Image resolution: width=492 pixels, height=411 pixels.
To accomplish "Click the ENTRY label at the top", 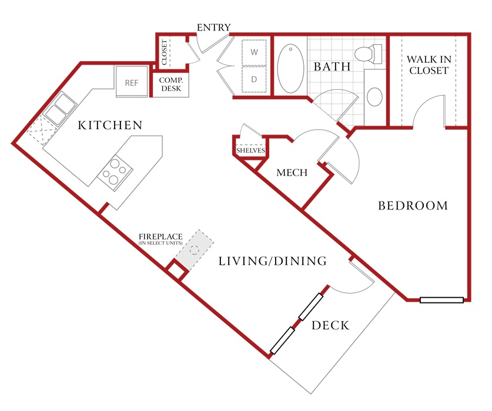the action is point(214,28).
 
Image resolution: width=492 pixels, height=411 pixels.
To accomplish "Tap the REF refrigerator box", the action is point(132,82).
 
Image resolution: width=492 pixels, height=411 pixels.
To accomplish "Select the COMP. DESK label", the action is point(171,85).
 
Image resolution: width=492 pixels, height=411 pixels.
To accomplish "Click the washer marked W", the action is point(254,52).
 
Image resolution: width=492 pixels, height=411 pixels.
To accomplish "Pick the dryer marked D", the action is point(254,79).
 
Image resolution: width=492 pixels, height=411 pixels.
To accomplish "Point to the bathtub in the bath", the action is point(291,68).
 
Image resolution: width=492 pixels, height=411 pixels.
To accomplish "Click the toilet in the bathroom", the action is point(369,53).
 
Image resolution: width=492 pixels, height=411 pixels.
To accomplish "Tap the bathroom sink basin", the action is point(374,96).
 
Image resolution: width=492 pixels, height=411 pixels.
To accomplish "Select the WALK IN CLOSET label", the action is point(429,65).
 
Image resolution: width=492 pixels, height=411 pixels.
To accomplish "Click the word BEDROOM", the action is point(413,206).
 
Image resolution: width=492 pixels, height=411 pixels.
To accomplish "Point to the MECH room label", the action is point(292,173).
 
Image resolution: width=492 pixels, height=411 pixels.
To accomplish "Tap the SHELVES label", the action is point(251,150).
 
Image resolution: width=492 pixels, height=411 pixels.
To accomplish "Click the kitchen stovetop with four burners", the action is point(115,173).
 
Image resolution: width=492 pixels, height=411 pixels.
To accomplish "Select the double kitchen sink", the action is point(60,108).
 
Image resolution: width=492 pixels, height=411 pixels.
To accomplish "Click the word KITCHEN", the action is point(110,125).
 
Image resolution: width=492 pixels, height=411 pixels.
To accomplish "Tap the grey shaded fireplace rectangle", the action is point(195,250).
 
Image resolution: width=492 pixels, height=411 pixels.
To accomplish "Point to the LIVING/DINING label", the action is point(273,261).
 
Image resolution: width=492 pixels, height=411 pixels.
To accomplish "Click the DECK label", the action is point(330,325).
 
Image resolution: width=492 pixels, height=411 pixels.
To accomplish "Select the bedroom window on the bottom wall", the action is point(442,300).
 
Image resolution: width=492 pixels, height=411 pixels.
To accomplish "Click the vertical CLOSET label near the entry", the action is point(164,52).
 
